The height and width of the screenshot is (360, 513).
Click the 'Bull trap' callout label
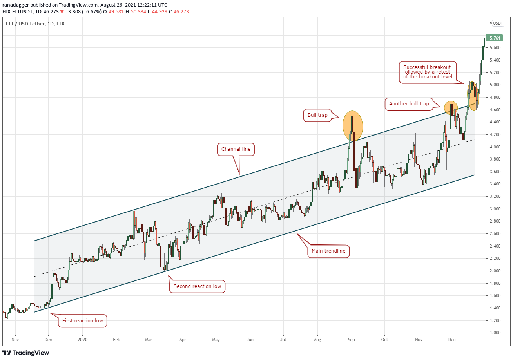tap(317, 115)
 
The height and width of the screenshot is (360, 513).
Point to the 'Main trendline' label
tap(328, 251)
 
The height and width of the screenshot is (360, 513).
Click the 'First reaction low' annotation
tap(82, 321)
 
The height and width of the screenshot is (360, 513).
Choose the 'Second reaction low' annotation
tap(197, 286)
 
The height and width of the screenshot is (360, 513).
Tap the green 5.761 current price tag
tap(495, 38)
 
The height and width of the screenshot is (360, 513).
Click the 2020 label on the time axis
tap(83, 340)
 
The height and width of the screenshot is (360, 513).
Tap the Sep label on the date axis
tap(352, 340)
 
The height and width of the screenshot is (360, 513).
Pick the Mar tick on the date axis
tap(149, 340)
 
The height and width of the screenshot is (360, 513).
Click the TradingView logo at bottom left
tap(26, 353)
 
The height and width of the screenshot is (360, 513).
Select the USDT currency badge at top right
tap(498, 23)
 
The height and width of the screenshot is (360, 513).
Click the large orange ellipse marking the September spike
tap(353, 126)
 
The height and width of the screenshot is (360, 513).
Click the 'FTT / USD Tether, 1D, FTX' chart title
tap(35, 24)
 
